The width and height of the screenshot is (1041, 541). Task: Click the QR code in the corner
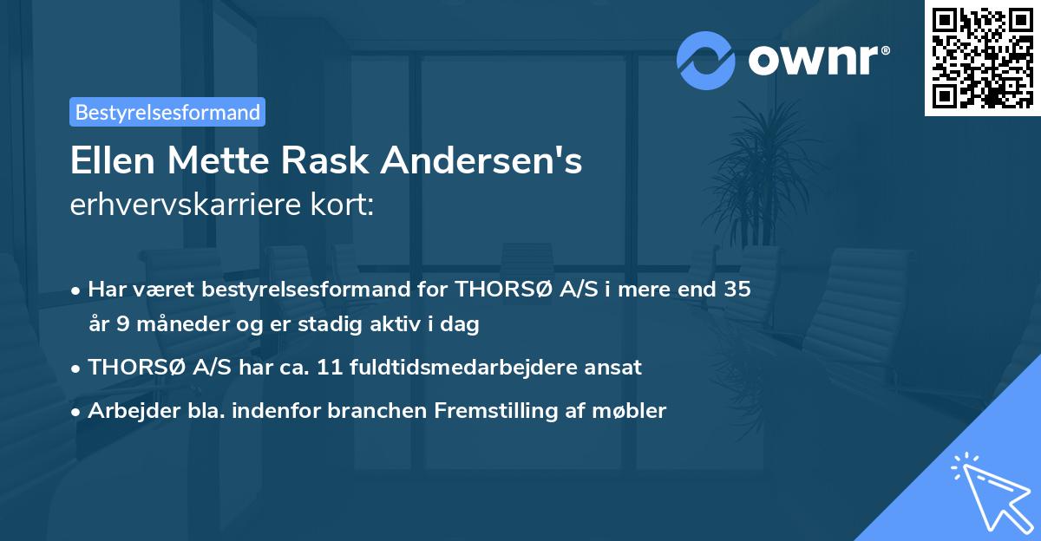[x=982, y=58]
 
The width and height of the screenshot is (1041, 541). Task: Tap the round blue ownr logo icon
[x=706, y=61]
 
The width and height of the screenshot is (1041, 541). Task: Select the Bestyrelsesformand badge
[x=167, y=112]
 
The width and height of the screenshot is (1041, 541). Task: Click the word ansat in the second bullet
[x=617, y=367]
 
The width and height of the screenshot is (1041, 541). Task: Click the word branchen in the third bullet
[x=367, y=410]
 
